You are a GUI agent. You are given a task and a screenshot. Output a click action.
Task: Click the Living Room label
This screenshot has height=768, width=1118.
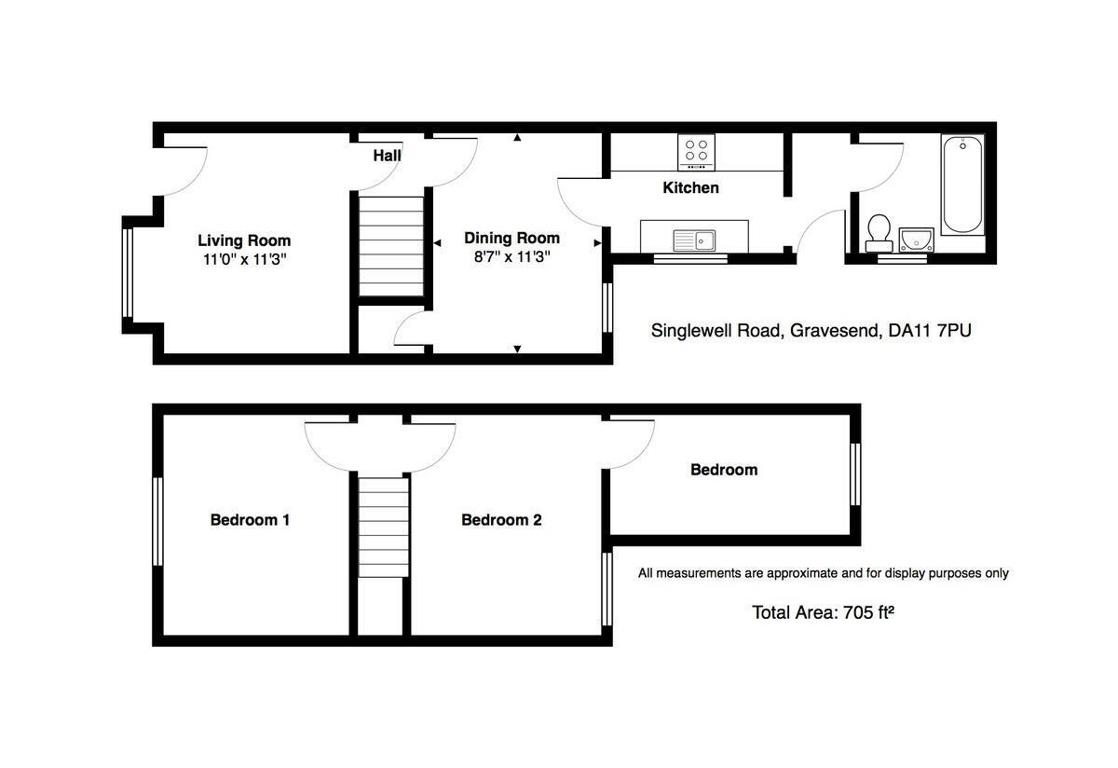pos(244,240)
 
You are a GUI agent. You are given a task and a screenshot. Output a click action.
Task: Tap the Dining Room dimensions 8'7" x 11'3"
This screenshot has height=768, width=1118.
pos(511,257)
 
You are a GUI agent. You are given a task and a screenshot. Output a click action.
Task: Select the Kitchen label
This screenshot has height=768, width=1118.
pos(690,188)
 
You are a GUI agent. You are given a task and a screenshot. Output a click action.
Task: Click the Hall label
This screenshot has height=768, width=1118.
pos(387,156)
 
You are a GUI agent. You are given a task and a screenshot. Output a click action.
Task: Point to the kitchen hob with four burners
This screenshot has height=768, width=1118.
pos(696,152)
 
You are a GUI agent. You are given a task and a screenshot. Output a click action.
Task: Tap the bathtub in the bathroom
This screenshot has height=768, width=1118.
pos(962,185)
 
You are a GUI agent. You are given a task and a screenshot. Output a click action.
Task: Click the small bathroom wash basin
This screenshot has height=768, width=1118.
pos(917,240)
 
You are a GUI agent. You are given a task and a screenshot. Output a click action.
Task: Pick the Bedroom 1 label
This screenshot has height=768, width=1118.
pos(250,520)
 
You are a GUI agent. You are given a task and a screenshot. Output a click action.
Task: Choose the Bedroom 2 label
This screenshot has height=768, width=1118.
pos(501,520)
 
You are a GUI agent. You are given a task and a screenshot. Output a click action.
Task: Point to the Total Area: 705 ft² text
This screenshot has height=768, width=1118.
pos(816,612)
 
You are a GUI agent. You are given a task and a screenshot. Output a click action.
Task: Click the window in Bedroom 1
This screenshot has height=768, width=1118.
pos(157,521)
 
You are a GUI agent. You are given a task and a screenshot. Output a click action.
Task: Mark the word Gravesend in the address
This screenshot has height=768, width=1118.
pos(831,330)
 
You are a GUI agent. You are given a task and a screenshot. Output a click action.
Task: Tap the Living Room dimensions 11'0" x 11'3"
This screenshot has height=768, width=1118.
pos(244,259)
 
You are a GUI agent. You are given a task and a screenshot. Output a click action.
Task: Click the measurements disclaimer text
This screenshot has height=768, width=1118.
pos(823,573)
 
